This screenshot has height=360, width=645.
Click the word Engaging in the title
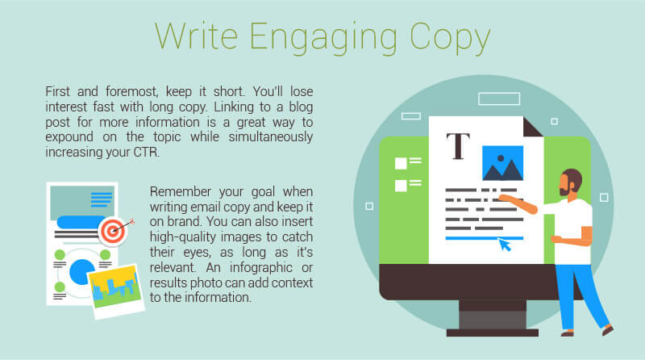(x=323, y=37)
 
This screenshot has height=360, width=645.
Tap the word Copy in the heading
(x=450, y=37)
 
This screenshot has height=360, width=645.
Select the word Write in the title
(x=196, y=36)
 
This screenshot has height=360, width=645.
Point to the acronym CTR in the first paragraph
(x=146, y=152)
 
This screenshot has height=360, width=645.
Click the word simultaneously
(x=271, y=137)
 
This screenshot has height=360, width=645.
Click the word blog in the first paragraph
(x=301, y=107)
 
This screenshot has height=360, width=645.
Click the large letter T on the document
(x=458, y=146)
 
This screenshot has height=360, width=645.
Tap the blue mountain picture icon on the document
(x=502, y=163)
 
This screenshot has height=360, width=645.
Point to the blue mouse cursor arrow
(x=505, y=245)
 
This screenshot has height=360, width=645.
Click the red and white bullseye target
(x=113, y=231)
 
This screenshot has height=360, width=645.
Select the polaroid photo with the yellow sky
(x=116, y=291)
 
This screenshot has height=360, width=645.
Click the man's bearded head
(x=571, y=182)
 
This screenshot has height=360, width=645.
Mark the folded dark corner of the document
(x=533, y=127)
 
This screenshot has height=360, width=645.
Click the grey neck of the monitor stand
(x=493, y=315)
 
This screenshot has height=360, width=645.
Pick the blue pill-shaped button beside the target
(x=81, y=222)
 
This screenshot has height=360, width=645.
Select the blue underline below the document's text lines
(x=485, y=238)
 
